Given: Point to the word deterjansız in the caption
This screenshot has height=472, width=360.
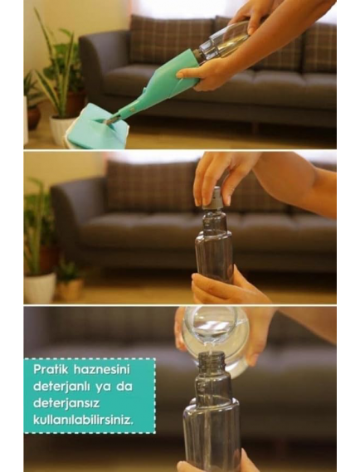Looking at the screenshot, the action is tap(66, 403).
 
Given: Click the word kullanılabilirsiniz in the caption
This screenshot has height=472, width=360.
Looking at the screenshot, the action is tap(83, 420).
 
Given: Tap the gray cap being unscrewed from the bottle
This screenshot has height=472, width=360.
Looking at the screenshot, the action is tap(214, 198).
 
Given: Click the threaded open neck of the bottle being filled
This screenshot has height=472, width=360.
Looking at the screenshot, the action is tap(212, 360).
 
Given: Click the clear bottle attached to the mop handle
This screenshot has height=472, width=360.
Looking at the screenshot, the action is tap(224, 41).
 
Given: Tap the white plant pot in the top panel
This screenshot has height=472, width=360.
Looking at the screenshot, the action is tap(61, 129).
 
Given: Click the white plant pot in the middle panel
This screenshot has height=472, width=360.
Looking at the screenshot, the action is tap(40, 288).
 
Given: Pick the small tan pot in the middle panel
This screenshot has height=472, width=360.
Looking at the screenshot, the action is tap(71, 289).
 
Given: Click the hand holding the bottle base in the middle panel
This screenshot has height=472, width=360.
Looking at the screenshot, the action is tap(228, 287).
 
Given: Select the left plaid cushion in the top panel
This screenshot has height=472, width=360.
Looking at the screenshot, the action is tap(172, 40).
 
